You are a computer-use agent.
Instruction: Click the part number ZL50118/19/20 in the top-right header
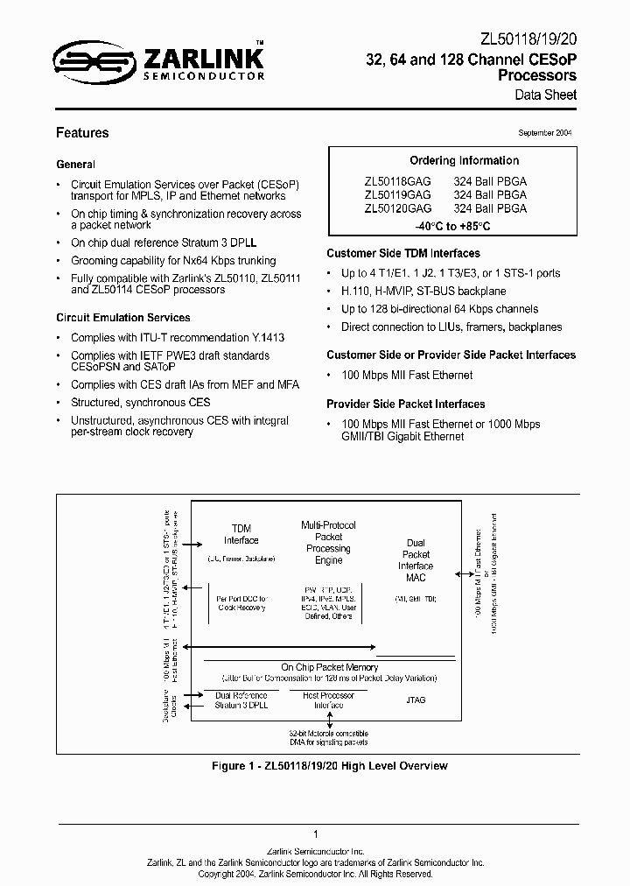click(529, 40)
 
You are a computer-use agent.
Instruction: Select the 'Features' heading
click(82, 133)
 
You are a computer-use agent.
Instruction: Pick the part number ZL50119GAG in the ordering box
click(398, 195)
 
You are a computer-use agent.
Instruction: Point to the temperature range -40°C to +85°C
click(451, 226)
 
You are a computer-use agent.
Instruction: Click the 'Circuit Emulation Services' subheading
click(123, 318)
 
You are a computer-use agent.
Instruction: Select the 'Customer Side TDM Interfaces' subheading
click(401, 253)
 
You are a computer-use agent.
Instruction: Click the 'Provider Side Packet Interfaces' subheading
click(406, 404)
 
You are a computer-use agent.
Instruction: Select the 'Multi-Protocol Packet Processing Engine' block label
click(328, 542)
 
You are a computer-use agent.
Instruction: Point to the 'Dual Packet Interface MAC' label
click(416, 559)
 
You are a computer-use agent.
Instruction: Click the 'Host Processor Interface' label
click(328, 700)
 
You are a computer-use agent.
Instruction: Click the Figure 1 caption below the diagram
click(330, 766)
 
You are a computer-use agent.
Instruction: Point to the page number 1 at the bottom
click(315, 834)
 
